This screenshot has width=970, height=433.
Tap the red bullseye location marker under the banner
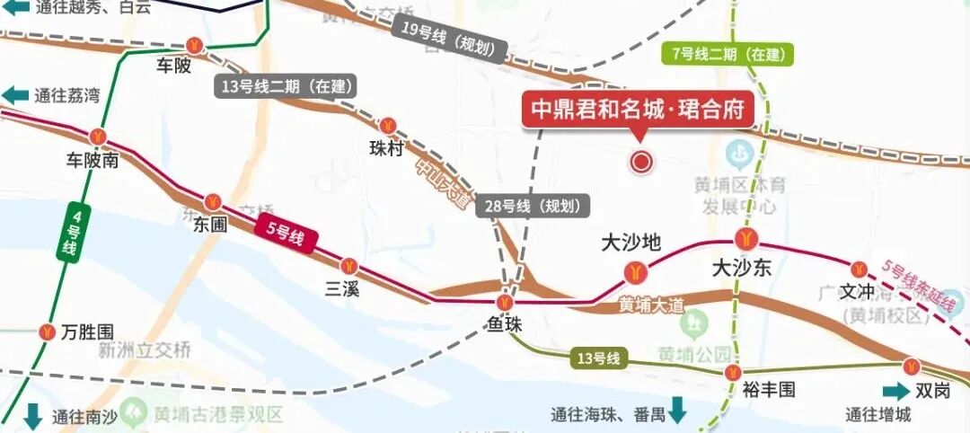(641, 162)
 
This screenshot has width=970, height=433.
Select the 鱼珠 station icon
(508, 303)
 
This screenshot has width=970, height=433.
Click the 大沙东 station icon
(745, 240)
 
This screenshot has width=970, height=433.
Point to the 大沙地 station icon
(634, 270)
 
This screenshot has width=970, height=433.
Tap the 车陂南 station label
(93, 161)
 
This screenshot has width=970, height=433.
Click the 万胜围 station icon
(47, 331)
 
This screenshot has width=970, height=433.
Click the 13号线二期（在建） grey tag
(287, 87)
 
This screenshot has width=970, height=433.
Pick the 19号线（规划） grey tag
(450, 40)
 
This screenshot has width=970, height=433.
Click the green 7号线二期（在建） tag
(727, 54)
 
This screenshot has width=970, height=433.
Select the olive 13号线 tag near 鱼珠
(598, 359)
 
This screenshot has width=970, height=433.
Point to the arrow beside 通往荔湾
(15, 96)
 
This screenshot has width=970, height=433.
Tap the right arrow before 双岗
(895, 392)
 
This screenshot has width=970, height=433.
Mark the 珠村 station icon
(388, 126)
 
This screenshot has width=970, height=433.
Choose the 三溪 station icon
(349, 266)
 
